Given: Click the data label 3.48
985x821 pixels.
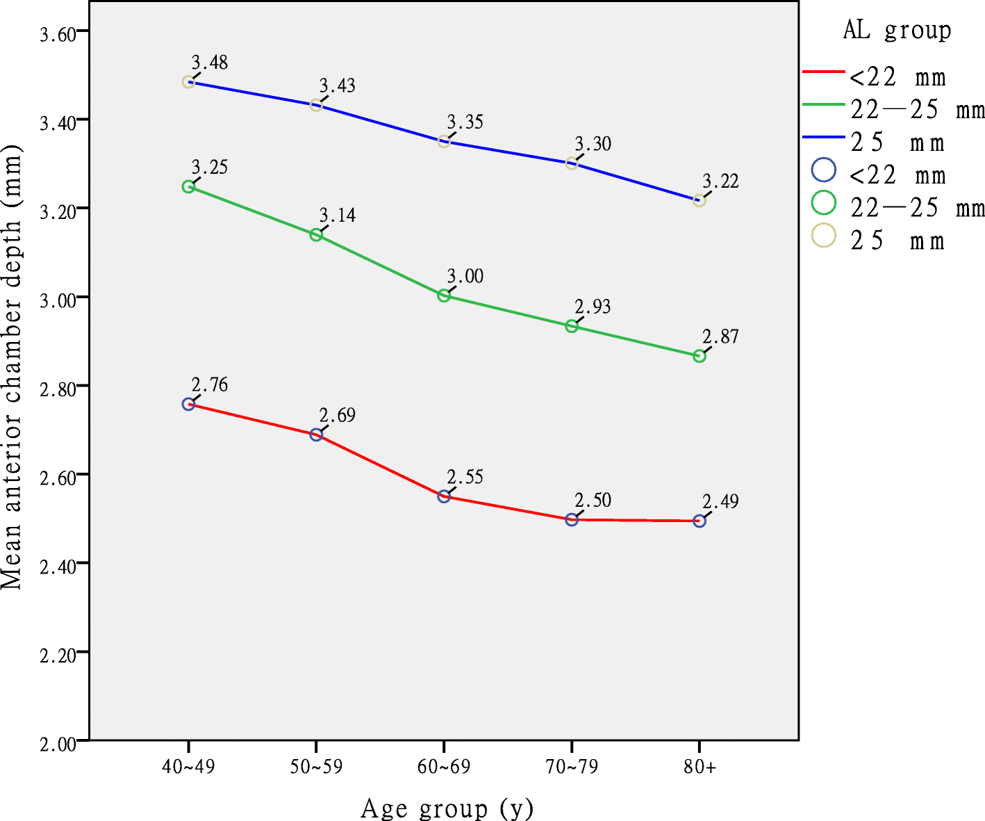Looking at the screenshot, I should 210,63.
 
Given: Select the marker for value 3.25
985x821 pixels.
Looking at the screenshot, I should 188,186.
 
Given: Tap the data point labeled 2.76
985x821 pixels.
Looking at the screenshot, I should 188,404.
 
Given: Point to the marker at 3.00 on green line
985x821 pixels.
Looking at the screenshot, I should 444,295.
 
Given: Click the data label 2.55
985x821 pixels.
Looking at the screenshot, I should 465,478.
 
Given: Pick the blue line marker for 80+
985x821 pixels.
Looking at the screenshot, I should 700,201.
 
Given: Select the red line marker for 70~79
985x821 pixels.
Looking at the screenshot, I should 572,519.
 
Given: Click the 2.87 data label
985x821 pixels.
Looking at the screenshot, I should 720,337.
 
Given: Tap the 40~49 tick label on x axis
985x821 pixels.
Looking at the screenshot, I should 188,767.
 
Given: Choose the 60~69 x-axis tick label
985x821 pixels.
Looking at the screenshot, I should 444,767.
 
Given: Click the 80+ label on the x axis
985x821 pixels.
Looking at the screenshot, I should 700,767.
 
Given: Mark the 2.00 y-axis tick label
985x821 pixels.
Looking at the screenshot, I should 58,744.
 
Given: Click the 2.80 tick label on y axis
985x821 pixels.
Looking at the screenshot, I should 58,389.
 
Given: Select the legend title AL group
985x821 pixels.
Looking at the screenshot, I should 897,31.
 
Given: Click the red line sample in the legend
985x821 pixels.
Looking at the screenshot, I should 823,72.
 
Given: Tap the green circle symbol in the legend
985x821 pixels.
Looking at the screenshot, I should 824,203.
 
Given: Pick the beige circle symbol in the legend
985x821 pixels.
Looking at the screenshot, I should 824,236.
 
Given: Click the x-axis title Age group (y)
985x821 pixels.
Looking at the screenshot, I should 447,808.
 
